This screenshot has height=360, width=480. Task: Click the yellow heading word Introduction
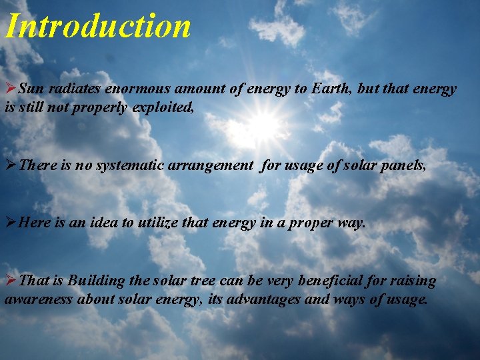coord(98,26)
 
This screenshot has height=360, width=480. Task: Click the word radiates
coord(72,89)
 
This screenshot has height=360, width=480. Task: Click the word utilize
coord(159,223)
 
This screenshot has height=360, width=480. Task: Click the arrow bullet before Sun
coord(11,89)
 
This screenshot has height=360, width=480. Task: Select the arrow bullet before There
coord(11,165)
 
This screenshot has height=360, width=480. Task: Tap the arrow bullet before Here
coord(11,223)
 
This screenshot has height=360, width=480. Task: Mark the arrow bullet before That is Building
coord(11,281)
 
